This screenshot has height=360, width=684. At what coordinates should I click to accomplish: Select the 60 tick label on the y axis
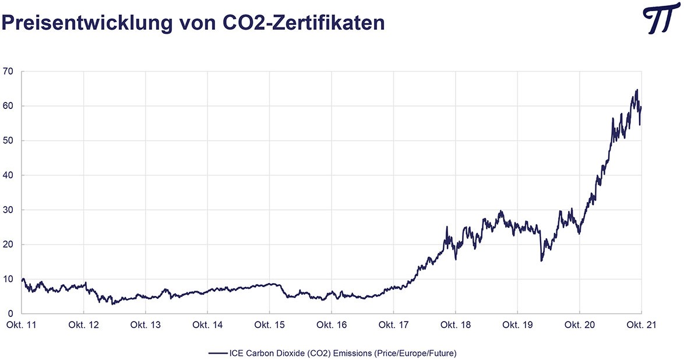pyautogui.click(x=8, y=107)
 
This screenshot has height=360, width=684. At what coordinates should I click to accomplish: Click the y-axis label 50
pyautogui.click(x=8, y=141)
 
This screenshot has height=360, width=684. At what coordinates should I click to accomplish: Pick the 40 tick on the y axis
pyautogui.click(x=8, y=175)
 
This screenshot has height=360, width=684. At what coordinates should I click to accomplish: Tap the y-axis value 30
pyautogui.click(x=8, y=210)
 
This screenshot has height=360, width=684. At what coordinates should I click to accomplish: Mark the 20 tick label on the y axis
pyautogui.click(x=8, y=245)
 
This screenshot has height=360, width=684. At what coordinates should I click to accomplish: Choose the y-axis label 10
pyautogui.click(x=8, y=279)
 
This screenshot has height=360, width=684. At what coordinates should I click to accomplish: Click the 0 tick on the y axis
pyautogui.click(x=10, y=313)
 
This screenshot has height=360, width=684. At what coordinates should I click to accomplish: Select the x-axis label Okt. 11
pyautogui.click(x=22, y=325)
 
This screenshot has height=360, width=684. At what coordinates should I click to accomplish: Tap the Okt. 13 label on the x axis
pyautogui.click(x=146, y=325)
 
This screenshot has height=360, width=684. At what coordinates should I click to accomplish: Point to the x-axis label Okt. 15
pyautogui.click(x=270, y=325)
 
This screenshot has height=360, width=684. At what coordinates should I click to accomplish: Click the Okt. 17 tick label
pyautogui.click(x=394, y=325)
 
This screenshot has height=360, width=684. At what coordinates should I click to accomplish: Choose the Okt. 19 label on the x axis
pyautogui.click(x=518, y=325)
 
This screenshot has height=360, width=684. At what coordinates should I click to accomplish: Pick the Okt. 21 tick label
pyautogui.click(x=641, y=325)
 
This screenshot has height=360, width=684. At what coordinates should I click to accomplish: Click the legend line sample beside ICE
pyautogui.click(x=217, y=352)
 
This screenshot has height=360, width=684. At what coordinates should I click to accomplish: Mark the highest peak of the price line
pyautogui.click(x=637, y=90)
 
